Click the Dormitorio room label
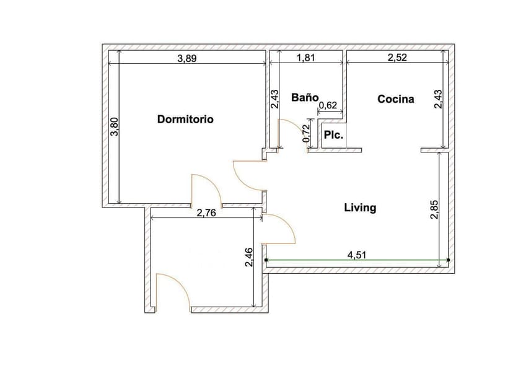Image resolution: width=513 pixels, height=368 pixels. (185, 119)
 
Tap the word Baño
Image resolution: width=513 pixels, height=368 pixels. (305, 98)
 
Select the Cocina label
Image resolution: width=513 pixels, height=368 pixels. (396, 99)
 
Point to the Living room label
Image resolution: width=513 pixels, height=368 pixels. (360, 208)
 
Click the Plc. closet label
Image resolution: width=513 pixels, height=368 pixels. (334, 134)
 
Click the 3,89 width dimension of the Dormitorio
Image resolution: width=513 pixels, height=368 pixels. (188, 59)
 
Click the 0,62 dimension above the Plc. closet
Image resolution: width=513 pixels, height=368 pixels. (327, 106)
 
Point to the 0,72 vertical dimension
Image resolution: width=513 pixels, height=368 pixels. (306, 134)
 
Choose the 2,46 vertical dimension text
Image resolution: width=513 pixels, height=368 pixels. (248, 258)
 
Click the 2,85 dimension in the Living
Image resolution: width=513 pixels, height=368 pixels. (434, 209)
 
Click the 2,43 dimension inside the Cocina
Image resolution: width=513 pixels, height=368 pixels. (438, 100)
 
